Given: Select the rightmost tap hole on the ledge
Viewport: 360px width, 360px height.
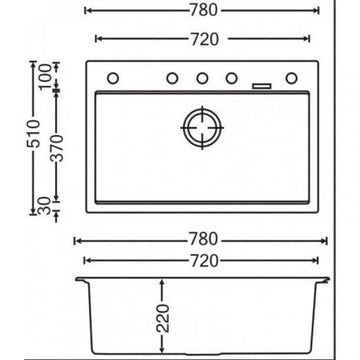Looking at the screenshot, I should [293, 78].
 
